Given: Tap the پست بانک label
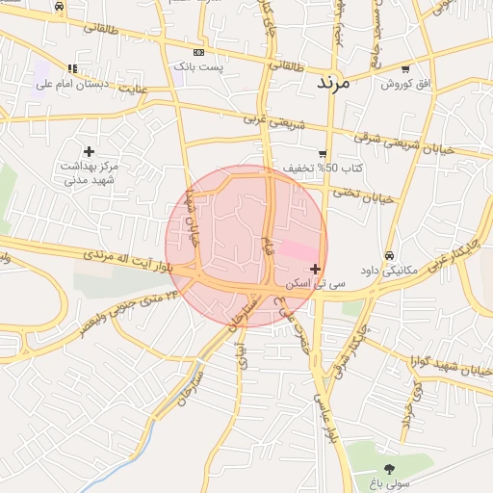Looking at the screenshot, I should (198, 66).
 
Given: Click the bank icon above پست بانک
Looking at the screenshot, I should (198, 52).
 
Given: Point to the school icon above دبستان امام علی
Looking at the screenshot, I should (72, 68).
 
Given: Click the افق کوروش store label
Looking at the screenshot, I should (396, 85).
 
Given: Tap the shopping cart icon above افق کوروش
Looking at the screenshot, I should (404, 69).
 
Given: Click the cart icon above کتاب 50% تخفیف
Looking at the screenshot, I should (322, 154).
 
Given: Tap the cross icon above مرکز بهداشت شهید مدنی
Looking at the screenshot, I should (90, 151).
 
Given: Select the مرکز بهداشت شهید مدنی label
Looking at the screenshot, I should (89, 173).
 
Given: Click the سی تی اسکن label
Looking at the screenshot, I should (322, 284).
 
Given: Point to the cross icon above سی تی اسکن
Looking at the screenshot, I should (315, 269).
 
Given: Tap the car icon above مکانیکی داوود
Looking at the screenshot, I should (388, 256).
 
